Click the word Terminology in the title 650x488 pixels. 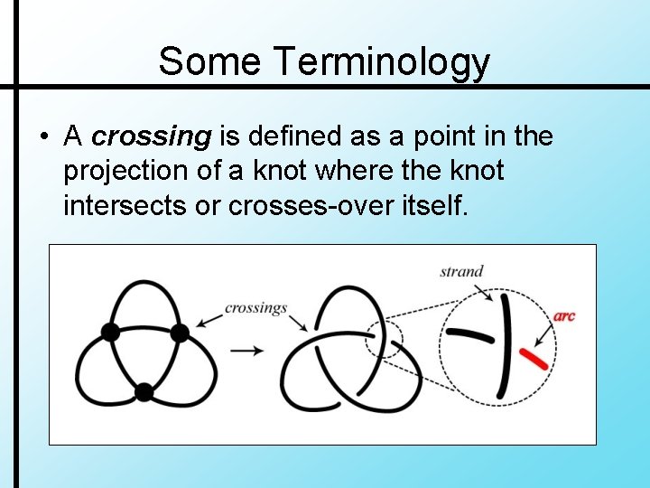click(x=382, y=62)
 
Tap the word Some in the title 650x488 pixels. click(x=212, y=61)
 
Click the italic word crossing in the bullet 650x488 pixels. click(x=152, y=136)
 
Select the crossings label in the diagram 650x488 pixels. click(x=255, y=308)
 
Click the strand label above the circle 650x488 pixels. click(x=461, y=271)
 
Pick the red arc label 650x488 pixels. click(x=564, y=316)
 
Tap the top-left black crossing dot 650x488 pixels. click(x=110, y=332)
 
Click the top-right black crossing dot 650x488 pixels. click(x=179, y=333)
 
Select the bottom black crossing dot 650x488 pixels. click(x=144, y=391)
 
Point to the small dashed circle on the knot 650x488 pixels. click(x=384, y=340)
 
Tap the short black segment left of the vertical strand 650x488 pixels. click(x=469, y=333)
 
